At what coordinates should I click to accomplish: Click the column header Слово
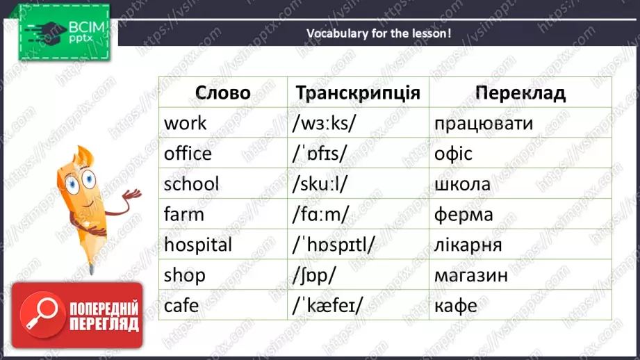click(222, 92)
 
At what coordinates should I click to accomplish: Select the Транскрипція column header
click(358, 92)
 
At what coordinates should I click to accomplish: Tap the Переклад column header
click(520, 92)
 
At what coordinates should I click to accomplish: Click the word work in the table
click(186, 123)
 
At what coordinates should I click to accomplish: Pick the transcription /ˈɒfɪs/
click(323, 154)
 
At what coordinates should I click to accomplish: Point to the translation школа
click(462, 184)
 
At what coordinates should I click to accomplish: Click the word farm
click(184, 214)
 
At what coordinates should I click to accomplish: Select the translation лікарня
click(468, 245)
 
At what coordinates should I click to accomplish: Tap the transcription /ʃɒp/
click(315, 275)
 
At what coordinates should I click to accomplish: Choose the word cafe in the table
click(181, 306)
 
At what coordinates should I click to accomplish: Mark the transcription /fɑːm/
click(320, 214)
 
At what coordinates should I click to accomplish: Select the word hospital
click(198, 245)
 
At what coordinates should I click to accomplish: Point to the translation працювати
click(483, 123)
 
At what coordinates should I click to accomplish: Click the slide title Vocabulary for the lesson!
click(379, 33)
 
